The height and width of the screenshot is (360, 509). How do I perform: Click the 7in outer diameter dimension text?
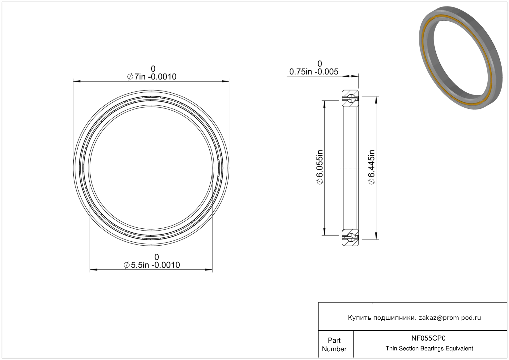[152, 77]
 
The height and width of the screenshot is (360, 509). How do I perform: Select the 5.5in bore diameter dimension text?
[152, 265]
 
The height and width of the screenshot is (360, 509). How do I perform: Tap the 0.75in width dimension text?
[314, 72]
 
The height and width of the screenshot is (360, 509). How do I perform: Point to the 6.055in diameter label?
[320, 167]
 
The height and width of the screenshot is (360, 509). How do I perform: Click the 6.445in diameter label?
[371, 167]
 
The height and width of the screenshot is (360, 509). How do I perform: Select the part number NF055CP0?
[428, 338]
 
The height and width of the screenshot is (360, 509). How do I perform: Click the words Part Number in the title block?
[334, 345]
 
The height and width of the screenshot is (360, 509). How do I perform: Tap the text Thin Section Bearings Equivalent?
[429, 349]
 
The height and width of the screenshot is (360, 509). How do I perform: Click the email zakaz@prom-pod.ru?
[450, 318]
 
